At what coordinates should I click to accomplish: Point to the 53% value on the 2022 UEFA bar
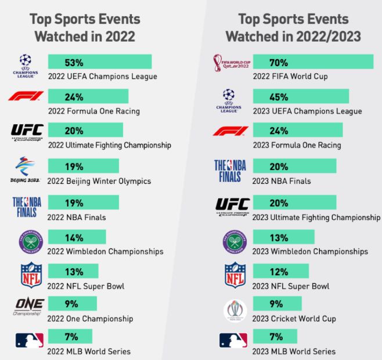[x=74, y=62]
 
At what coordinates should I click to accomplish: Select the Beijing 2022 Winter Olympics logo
[x=26, y=170]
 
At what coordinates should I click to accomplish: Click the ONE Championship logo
[x=28, y=306]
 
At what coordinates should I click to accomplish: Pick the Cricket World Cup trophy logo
[x=235, y=311]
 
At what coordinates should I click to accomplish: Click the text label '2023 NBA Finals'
[x=282, y=181]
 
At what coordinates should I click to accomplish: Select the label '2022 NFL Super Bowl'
[x=87, y=286]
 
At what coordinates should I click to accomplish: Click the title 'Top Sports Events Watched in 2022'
[x=85, y=28]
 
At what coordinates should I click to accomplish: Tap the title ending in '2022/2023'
[x=293, y=28]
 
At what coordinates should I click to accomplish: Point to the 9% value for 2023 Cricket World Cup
[x=276, y=304]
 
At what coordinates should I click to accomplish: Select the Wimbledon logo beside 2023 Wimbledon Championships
[x=236, y=242]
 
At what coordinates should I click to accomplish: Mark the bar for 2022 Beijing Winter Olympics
[x=83, y=166]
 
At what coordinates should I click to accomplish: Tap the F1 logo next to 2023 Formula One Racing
[x=230, y=131]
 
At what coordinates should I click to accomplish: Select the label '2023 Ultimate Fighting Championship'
[x=316, y=218]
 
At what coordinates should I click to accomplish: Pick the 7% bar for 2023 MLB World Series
[x=275, y=337]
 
